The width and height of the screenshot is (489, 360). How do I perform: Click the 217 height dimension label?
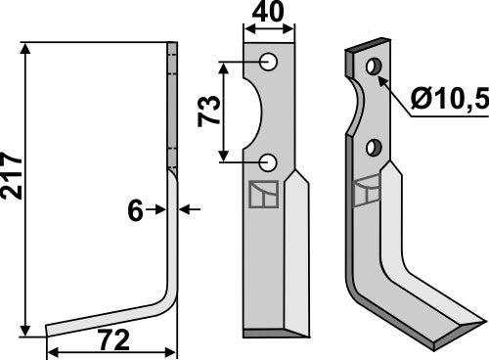coord(11,175)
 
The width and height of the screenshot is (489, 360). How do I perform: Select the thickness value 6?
coord(135,208)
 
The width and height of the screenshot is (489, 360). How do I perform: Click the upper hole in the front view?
coord(269,62)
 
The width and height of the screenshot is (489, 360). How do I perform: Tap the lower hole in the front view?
coord(269,161)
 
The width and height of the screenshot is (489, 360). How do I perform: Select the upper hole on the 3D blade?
coord(373,67)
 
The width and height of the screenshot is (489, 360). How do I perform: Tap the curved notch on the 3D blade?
coord(358,108)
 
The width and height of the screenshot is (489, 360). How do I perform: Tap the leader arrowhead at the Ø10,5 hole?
coord(382,76)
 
